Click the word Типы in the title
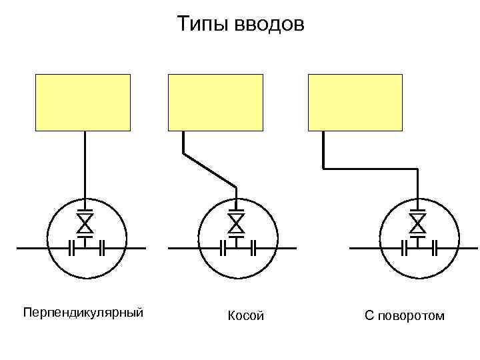(x=203, y=25)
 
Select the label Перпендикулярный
(x=83, y=312)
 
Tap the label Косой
(x=246, y=315)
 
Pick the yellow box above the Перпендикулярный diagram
(x=83, y=101)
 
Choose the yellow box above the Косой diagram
(x=215, y=101)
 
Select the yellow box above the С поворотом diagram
(x=355, y=101)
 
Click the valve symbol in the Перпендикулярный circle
(x=85, y=220)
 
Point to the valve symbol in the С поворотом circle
(x=418, y=220)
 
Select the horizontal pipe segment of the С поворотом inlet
(x=371, y=169)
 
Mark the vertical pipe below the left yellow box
(x=85, y=163)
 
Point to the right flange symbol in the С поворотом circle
(x=434, y=249)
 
